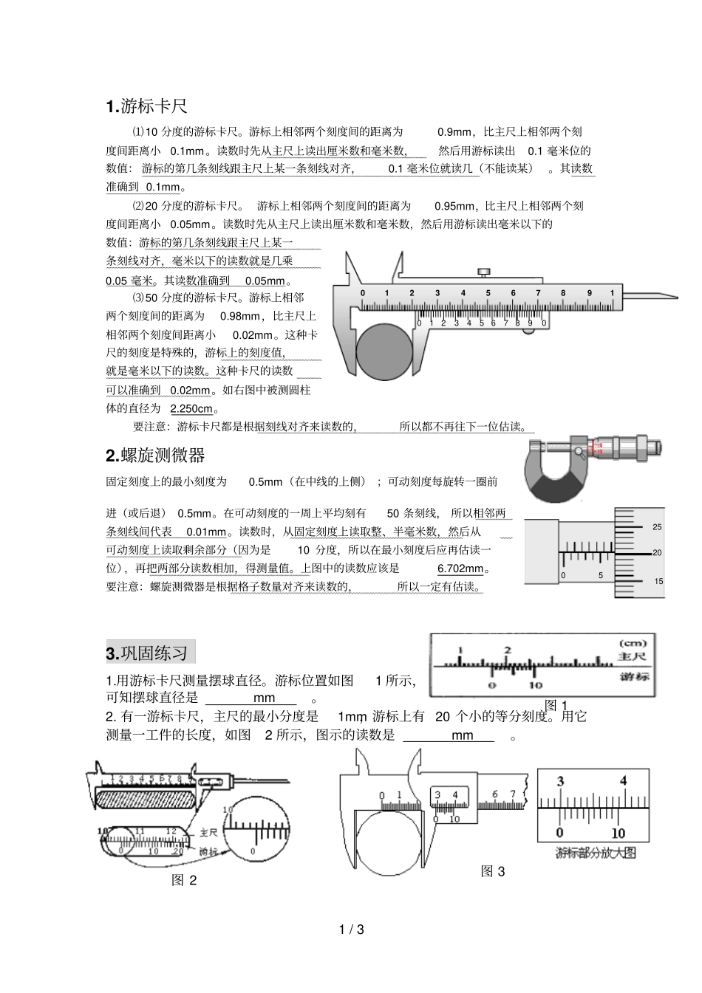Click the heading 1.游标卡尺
[x=146, y=106]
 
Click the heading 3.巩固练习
[x=150, y=653]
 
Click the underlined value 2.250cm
[x=191, y=409]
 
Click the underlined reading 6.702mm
[x=460, y=568]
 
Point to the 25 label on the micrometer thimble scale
[x=657, y=527]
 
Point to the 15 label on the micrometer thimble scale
[x=658, y=581]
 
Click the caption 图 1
[x=556, y=705]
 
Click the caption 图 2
[x=184, y=880]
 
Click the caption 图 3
[x=493, y=871]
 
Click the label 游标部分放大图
[x=595, y=853]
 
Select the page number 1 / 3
[x=351, y=930]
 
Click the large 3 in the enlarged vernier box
[x=561, y=781]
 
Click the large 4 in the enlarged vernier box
[x=623, y=781]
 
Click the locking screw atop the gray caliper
[x=484, y=273]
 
